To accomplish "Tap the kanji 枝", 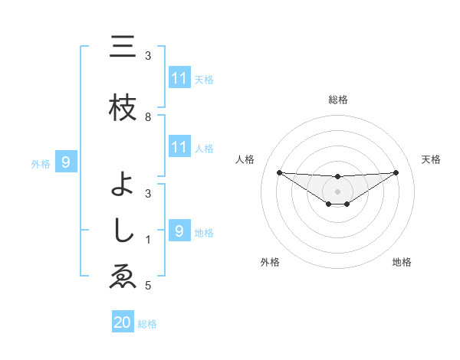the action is click(x=122, y=109).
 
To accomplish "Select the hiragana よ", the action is click(x=123, y=184).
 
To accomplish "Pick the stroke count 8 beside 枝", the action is click(x=148, y=117).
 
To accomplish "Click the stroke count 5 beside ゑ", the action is click(x=148, y=286).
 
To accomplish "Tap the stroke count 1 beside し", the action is click(x=148, y=241).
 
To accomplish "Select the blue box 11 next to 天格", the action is click(x=179, y=78).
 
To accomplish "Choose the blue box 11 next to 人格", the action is click(x=179, y=147).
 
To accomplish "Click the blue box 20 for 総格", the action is click(x=123, y=322).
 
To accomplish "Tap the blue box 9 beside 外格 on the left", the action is click(x=66, y=162).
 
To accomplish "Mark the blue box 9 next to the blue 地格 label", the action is click(x=179, y=231).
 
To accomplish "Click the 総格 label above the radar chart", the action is click(x=337, y=100).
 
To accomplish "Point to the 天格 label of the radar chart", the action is click(x=431, y=159).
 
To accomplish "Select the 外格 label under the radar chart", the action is click(x=270, y=262).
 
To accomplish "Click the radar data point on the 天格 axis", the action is click(x=396, y=172).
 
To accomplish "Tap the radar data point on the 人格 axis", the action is click(x=279, y=172).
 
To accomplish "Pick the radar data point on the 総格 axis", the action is click(x=337, y=177).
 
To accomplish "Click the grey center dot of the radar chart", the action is click(x=337, y=191).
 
